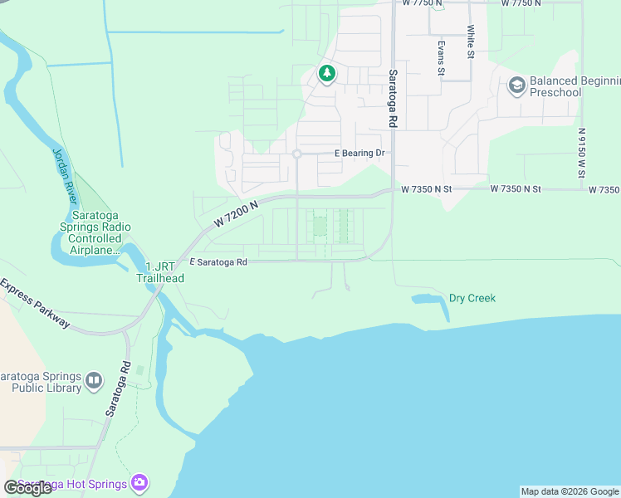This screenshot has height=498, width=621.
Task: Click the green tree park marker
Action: point(327,75)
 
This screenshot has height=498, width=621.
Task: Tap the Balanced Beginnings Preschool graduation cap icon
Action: point(516,85)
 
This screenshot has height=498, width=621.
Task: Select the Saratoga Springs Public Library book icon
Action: point(94,381)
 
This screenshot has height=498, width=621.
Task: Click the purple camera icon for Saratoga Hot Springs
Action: point(139,483)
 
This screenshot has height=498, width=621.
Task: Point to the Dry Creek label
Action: point(472,298)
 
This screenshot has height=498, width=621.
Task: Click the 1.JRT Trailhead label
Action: point(160,272)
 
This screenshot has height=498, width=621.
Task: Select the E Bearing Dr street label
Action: point(359,154)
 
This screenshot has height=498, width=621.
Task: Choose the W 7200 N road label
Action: point(236,213)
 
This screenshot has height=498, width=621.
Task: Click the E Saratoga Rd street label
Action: point(218,262)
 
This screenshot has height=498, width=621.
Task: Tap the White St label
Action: point(470,41)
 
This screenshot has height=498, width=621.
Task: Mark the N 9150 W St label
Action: point(582,152)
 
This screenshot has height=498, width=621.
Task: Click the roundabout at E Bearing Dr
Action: point(296,154)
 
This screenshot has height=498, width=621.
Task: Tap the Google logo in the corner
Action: point(28,488)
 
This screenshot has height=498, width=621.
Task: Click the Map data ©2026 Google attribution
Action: point(570,491)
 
